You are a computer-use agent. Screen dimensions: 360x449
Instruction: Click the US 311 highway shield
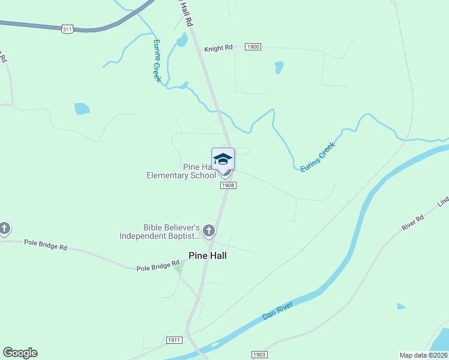67,28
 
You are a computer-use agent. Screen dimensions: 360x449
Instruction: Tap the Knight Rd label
218,48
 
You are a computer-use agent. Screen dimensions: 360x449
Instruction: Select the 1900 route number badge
253,47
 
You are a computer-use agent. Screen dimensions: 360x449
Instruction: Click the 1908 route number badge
228,185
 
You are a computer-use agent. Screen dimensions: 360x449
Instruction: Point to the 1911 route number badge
174,340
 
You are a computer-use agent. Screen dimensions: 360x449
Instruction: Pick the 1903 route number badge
259,355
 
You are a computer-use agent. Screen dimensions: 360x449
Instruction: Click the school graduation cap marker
223,160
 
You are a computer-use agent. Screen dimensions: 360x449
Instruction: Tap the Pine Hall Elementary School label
181,171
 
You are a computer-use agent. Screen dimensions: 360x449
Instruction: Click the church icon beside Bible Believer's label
209,230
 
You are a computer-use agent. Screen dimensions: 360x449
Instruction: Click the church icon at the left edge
4,229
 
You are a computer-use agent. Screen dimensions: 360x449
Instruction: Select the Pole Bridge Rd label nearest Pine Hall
158,263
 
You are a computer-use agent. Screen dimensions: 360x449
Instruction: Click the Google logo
20,353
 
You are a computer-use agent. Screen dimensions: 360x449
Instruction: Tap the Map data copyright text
423,355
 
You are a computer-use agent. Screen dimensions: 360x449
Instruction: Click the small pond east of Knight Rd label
279,67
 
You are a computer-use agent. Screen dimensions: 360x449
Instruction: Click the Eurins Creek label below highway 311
157,61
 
